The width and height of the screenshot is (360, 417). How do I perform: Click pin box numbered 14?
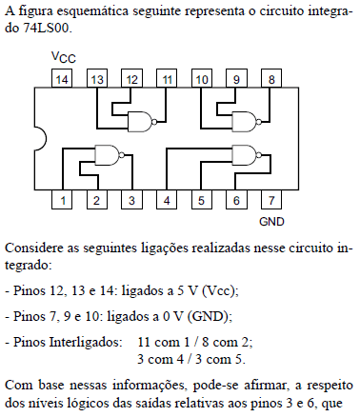(x=63, y=80)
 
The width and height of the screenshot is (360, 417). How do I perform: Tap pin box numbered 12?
(x=132, y=80)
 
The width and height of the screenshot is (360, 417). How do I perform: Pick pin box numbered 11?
(x=168, y=80)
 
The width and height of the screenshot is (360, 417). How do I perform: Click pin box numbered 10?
(x=202, y=80)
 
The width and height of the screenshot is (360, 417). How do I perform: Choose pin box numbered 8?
(x=272, y=80)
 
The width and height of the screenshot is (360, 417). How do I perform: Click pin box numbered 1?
(x=63, y=201)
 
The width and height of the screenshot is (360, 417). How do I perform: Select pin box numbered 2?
(x=97, y=201)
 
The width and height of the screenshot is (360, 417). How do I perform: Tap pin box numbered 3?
(x=132, y=201)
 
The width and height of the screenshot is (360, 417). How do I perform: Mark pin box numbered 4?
(x=167, y=201)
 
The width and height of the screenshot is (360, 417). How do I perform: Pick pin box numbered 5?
(x=202, y=201)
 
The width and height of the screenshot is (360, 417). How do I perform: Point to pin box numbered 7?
(x=272, y=201)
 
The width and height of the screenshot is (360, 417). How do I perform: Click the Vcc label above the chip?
(x=63, y=58)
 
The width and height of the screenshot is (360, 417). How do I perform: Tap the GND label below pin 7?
(x=271, y=222)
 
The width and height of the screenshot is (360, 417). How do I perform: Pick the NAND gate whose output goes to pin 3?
(x=108, y=155)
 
